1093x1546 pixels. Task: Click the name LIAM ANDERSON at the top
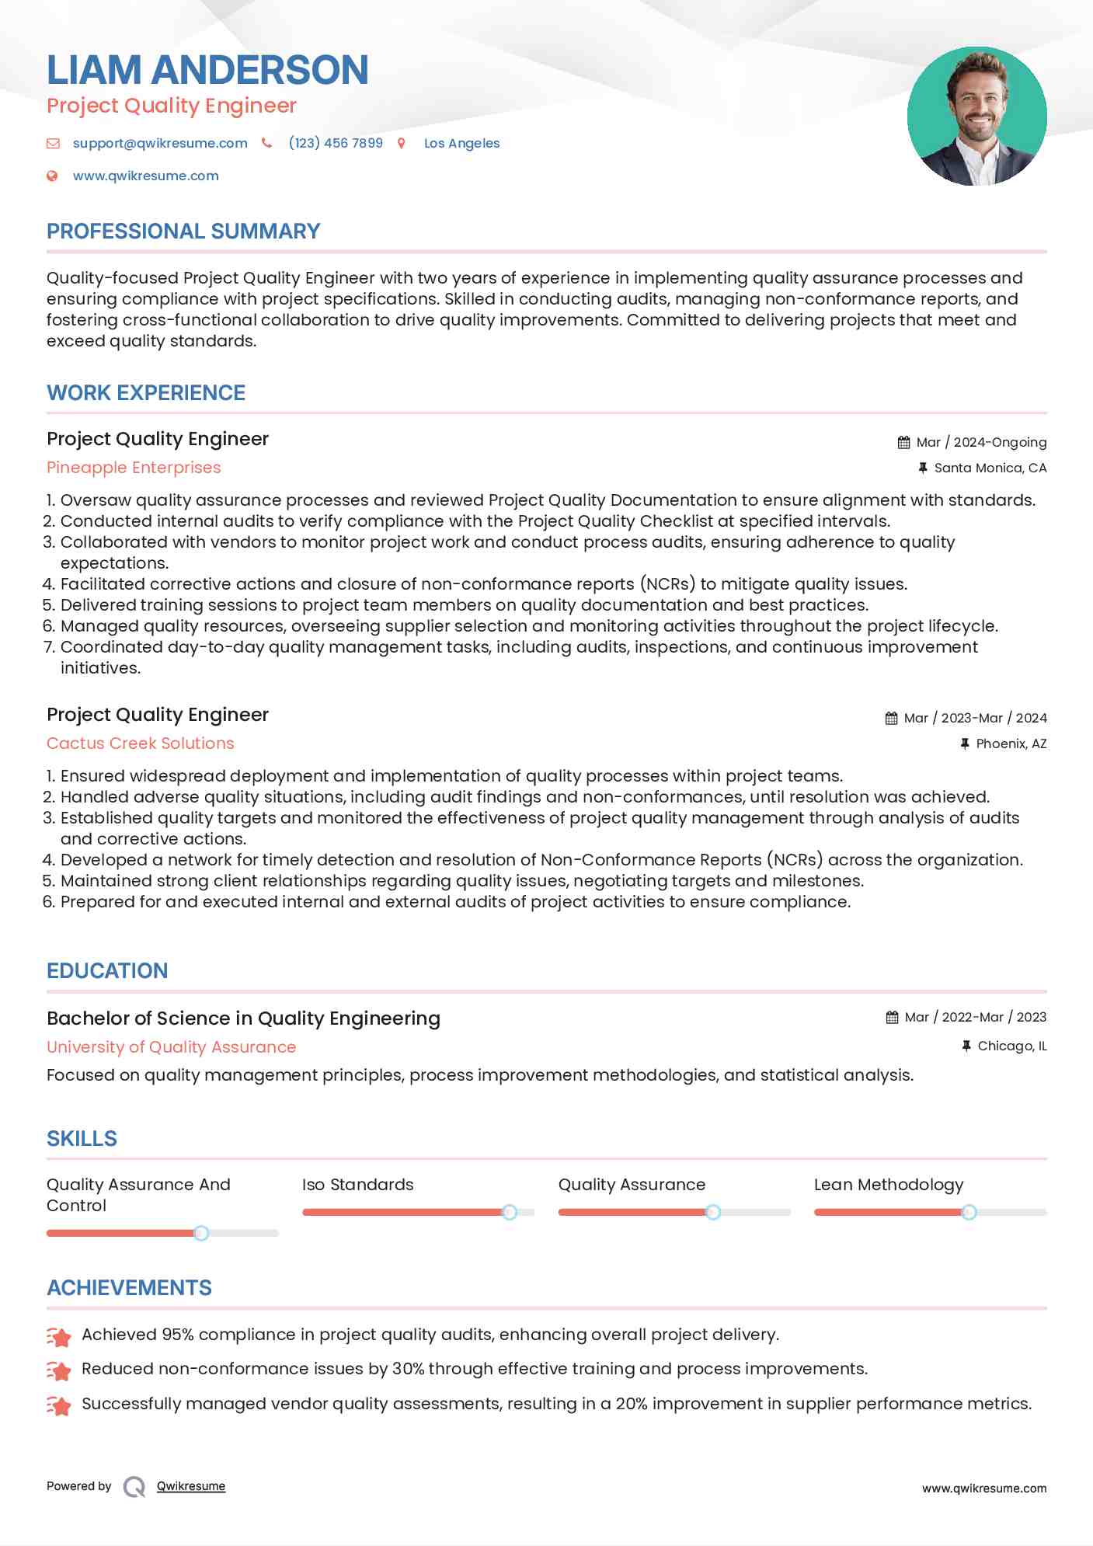(207, 70)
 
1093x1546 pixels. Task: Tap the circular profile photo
(976, 117)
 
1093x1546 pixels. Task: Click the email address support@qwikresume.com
(160, 143)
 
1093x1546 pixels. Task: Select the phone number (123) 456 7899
(336, 143)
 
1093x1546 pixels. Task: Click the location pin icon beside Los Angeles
(402, 143)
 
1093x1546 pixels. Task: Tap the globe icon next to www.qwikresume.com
(53, 176)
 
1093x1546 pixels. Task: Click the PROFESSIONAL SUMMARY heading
(183, 232)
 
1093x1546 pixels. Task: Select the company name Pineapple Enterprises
(134, 468)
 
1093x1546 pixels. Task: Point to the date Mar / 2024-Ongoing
(981, 442)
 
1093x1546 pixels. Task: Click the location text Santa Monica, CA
(990, 468)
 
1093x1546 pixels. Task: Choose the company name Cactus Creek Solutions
(140, 743)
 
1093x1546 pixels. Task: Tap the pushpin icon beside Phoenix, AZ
(965, 743)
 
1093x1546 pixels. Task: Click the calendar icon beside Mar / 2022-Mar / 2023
(892, 1017)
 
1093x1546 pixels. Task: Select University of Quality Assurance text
(171, 1047)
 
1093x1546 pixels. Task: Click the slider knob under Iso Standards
(510, 1212)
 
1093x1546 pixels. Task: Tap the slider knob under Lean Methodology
(969, 1212)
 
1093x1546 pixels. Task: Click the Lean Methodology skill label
(888, 1185)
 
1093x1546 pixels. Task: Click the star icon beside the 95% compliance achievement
(59, 1336)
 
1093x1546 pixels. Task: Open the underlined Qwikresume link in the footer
(191, 1486)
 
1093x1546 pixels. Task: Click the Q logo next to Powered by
(134, 1486)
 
